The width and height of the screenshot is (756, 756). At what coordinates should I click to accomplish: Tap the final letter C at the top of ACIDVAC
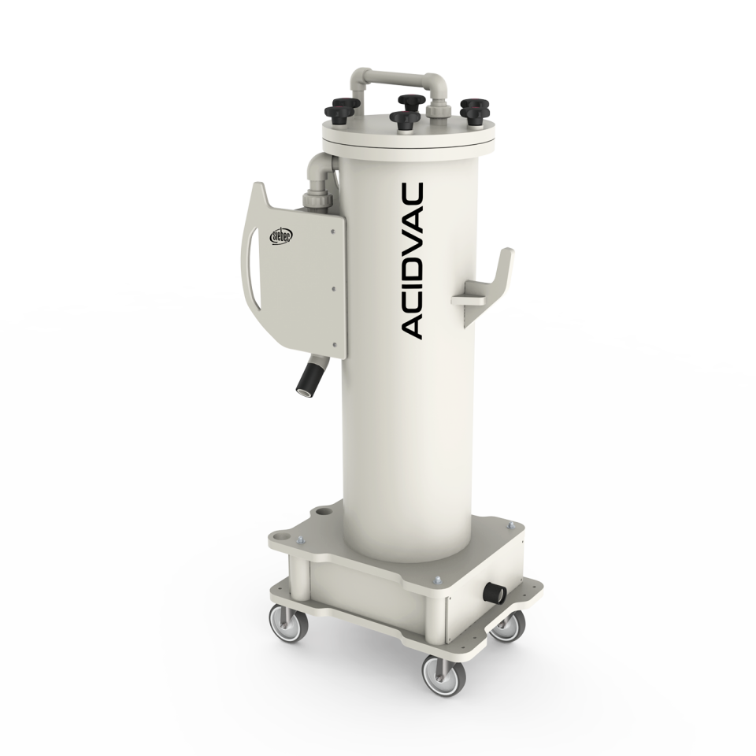413,194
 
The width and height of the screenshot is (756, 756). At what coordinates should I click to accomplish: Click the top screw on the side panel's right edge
335,229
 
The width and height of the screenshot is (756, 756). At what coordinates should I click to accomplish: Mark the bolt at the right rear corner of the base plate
510,527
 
